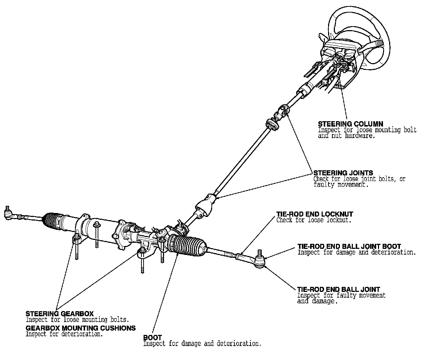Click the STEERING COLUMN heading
pos(350,124)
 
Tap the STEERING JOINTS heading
pos(343,173)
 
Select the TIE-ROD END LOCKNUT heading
pos(314,214)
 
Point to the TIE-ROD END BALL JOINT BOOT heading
pos(349,247)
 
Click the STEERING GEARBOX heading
pos(60,314)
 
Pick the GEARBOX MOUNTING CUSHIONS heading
pos(80,328)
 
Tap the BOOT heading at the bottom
pos(152,338)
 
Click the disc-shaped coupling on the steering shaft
pos(272,124)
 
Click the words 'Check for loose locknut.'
pos(314,220)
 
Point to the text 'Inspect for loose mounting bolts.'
pos(77,319)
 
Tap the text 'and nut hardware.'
pos(346,136)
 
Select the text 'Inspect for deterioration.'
pos(64,334)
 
